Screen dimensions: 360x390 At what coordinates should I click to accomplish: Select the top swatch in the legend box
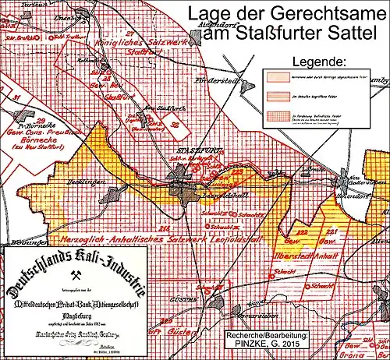tap(272, 79)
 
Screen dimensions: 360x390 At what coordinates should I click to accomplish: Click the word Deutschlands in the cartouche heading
tap(35, 262)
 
